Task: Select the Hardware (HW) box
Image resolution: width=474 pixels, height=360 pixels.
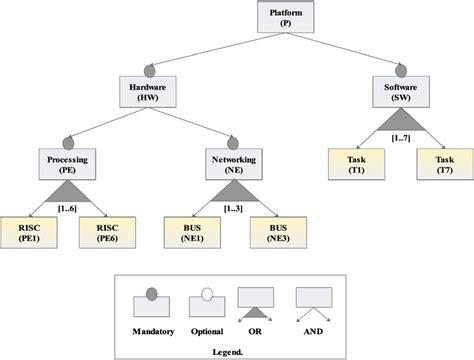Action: pyautogui.click(x=147, y=92)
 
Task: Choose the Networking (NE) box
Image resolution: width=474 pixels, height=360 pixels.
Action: pyautogui.click(x=233, y=164)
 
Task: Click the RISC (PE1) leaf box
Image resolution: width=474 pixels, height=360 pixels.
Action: pyautogui.click(x=25, y=233)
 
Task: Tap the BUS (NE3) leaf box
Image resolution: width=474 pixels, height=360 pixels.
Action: pyautogui.click(x=275, y=233)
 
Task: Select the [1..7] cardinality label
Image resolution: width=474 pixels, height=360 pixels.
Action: pyautogui.click(x=401, y=137)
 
